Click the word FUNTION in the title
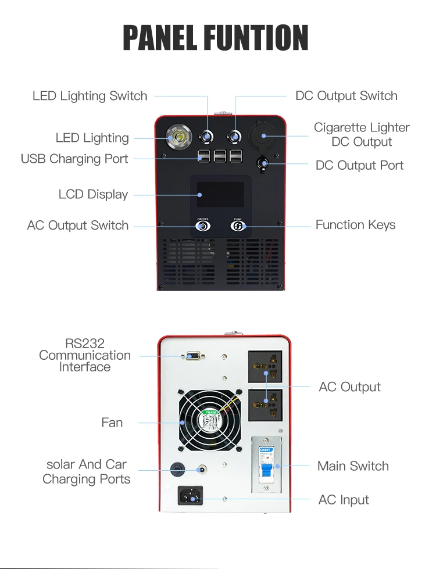256,38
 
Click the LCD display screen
220,194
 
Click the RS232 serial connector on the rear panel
192,356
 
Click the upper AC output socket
266,366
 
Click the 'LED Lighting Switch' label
90,96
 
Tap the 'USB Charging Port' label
74,159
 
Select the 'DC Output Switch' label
346,96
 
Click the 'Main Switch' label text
353,466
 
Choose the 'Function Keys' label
355,225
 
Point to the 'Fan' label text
112,423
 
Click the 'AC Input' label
344,500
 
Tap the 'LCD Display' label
93,194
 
